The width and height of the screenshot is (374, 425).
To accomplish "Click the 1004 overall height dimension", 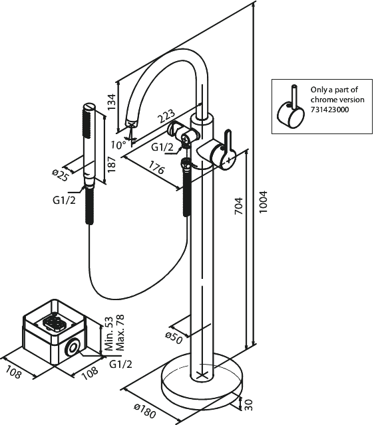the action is tap(263, 202).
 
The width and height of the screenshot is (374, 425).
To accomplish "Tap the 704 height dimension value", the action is tap(238, 206).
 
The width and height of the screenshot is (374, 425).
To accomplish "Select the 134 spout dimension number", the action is tap(112, 102).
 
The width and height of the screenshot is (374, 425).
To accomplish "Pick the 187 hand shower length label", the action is tap(112, 164).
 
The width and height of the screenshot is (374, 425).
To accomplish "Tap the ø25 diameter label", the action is tap(60, 175).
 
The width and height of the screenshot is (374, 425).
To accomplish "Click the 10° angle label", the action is tap(118, 145).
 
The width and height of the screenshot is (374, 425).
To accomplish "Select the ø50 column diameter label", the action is tap(174, 338).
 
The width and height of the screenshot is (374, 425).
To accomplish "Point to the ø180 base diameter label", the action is tap(145, 410).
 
